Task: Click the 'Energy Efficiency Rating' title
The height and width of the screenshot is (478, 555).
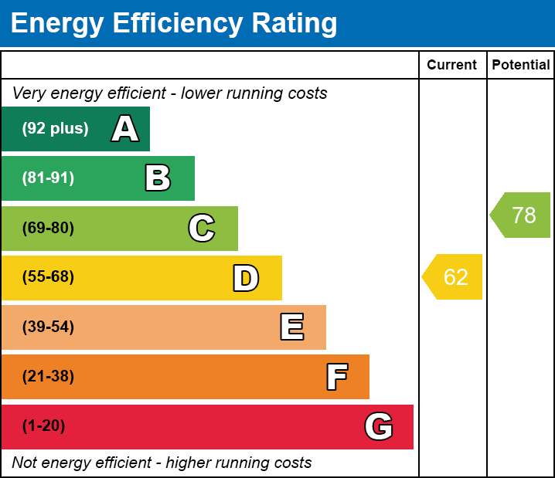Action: (174, 23)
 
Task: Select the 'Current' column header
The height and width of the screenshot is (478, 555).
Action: (452, 65)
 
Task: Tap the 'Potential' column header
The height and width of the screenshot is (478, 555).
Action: (521, 65)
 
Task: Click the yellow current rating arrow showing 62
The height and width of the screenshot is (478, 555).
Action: (454, 276)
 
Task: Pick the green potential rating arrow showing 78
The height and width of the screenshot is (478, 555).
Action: (522, 215)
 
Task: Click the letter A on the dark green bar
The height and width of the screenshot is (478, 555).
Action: (125, 129)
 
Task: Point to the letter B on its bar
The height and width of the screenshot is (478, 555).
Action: (158, 178)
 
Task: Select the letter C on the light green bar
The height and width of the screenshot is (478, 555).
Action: (202, 228)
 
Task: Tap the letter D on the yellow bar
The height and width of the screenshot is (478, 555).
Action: (246, 278)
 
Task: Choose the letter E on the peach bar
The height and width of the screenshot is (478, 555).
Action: (291, 327)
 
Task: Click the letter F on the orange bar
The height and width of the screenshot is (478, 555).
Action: (336, 377)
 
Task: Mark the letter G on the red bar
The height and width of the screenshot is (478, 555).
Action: (379, 426)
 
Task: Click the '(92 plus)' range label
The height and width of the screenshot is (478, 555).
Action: (55, 129)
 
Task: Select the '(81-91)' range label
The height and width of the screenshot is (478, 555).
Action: (48, 178)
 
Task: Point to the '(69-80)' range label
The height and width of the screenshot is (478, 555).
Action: (48, 228)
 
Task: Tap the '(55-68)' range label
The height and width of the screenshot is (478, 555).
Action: (48, 277)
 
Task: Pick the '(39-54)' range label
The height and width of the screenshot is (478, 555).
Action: (48, 327)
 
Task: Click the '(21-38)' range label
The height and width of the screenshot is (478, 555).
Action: (48, 377)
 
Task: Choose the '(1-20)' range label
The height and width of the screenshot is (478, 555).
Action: (44, 426)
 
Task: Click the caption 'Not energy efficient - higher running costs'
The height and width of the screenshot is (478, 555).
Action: (162, 463)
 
